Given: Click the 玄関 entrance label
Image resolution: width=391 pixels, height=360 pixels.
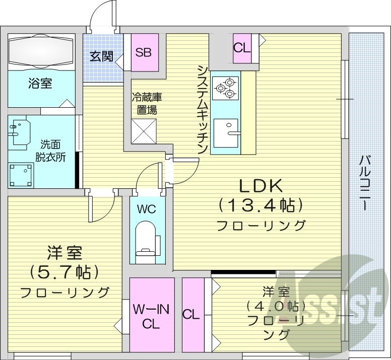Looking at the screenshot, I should [x=101, y=56].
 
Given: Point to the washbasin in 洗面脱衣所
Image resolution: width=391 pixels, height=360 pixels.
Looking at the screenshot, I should [x=19, y=130].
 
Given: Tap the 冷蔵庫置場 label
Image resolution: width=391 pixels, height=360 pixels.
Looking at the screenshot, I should [x=147, y=103].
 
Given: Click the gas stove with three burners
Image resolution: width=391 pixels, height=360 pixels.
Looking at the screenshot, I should [x=225, y=87].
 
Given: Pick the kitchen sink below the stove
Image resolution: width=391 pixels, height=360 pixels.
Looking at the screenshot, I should [x=226, y=133].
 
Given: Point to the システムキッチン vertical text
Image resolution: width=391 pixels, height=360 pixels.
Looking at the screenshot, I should [x=202, y=109].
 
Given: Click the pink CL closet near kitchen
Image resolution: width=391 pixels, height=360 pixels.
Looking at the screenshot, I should [x=242, y=49].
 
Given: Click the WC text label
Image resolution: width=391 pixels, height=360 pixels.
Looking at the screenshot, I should [x=147, y=208].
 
